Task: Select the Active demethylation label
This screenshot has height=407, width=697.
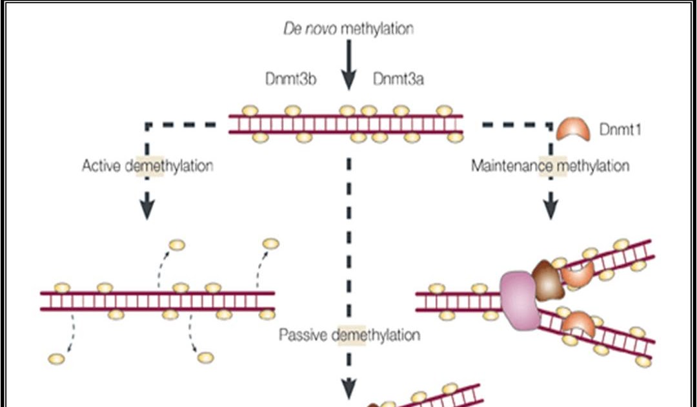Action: click(147, 166)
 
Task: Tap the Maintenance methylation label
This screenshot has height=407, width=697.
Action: click(550, 166)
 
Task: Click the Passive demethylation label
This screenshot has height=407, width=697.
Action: click(349, 335)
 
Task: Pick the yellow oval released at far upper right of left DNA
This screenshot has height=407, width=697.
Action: click(271, 244)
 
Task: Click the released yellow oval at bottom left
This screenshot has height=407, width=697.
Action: click(57, 358)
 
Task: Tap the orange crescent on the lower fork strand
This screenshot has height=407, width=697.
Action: click(578, 323)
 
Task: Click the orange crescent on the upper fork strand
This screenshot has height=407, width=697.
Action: click(576, 275)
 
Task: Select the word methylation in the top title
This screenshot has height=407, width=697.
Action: click(377, 28)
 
